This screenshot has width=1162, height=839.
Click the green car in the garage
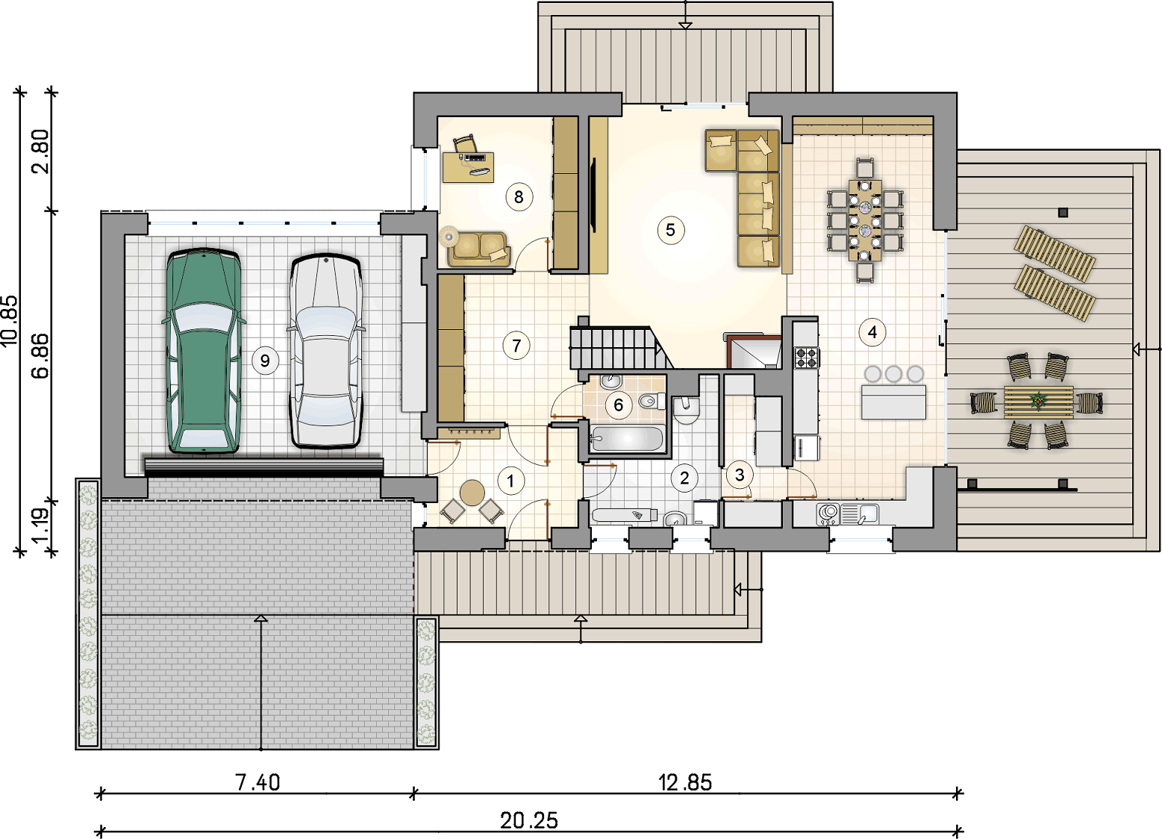tap(203, 352)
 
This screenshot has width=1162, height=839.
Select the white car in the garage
tap(325, 352)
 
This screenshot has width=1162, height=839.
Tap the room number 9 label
tap(265, 361)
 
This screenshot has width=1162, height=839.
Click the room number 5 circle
tap(670, 230)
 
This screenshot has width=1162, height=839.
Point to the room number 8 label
tap(519, 197)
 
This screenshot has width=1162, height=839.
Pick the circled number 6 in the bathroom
tap(619, 405)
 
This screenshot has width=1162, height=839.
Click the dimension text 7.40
tap(257, 782)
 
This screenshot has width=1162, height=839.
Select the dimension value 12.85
tap(685, 782)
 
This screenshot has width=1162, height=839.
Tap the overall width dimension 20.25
tap(529, 821)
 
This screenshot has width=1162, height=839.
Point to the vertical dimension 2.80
tap(40, 151)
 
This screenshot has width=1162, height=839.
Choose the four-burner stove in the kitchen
tap(806, 357)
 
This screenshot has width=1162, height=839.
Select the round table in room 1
tap(472, 493)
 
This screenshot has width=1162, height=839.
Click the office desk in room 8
tap(468, 167)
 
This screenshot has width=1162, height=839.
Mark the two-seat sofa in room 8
tap(479, 249)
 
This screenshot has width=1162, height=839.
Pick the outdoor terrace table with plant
tap(1038, 402)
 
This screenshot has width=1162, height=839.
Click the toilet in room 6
tap(652, 401)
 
